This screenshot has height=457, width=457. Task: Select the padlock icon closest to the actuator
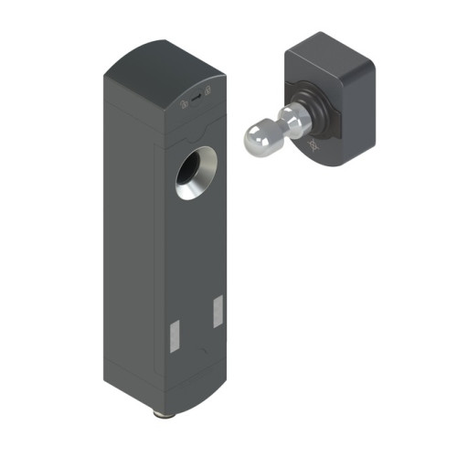[208, 91]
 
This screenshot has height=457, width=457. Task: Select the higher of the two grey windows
[218, 311]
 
